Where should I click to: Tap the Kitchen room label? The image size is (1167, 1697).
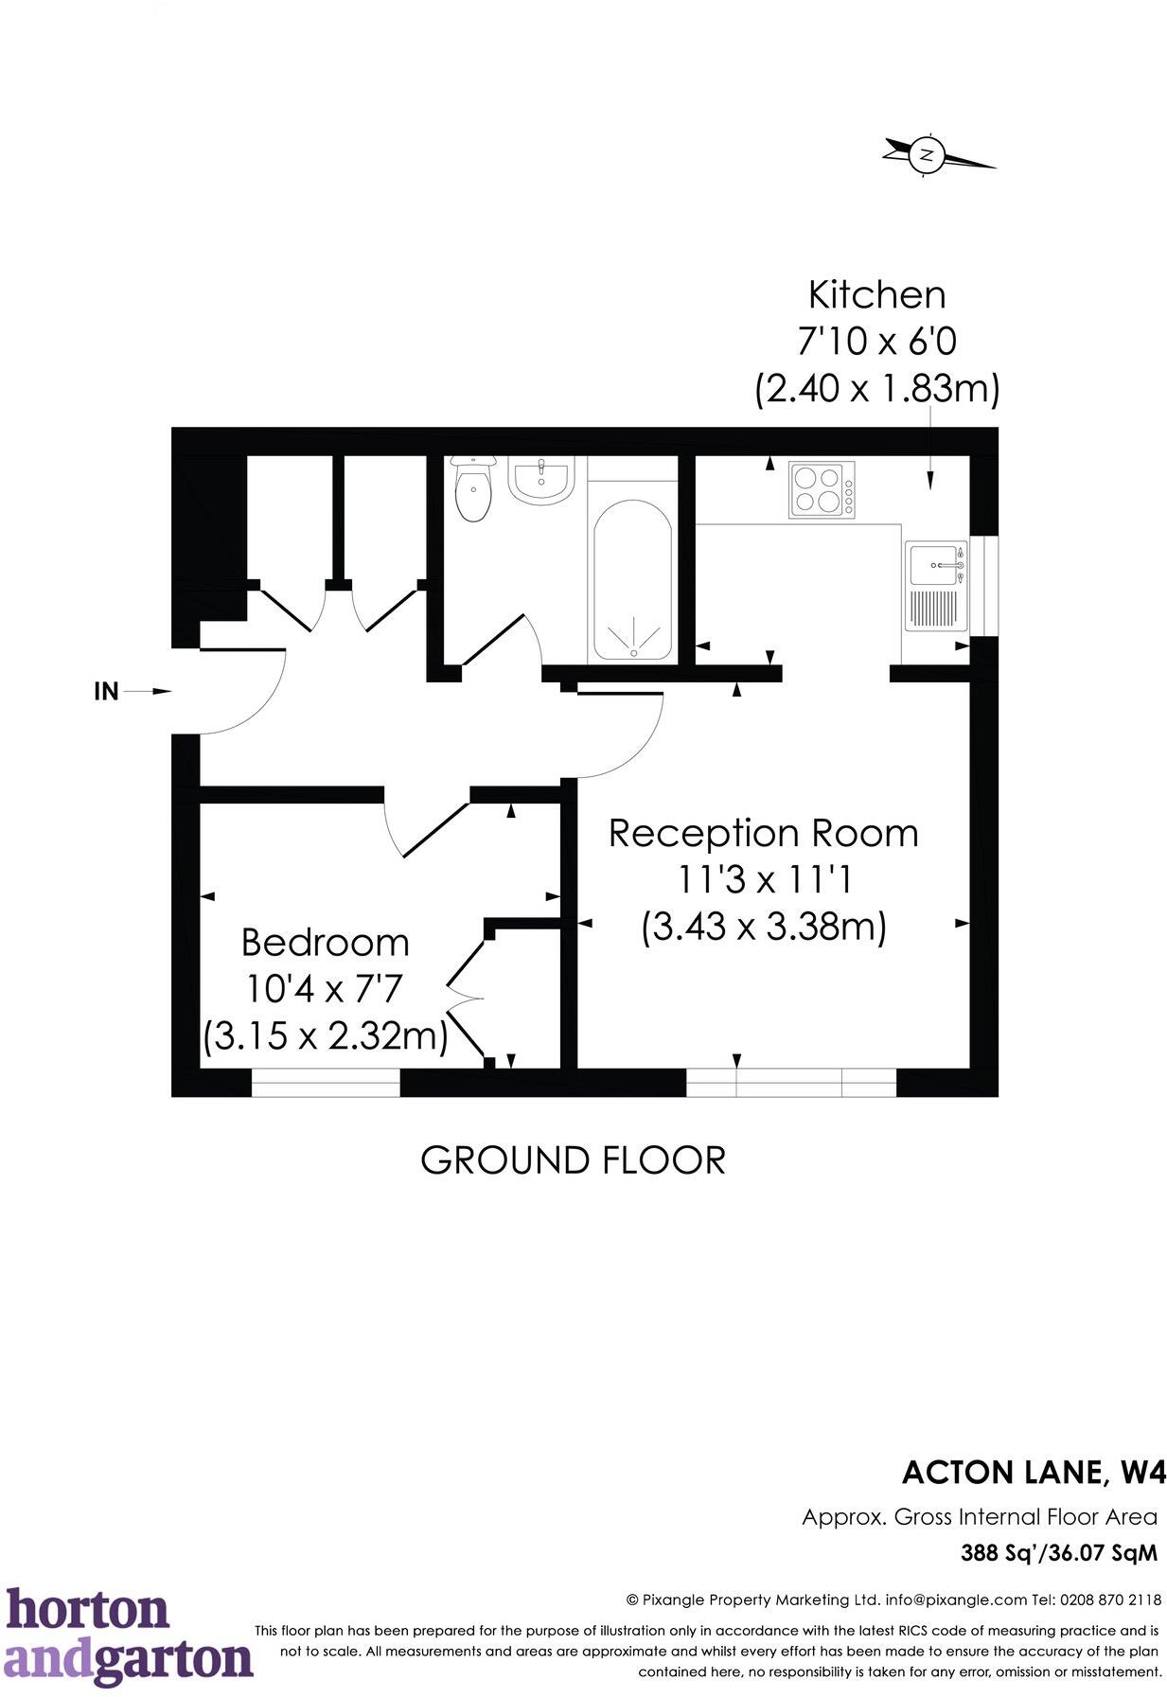pyautogui.click(x=876, y=294)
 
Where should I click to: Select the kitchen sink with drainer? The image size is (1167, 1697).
pyautogui.click(x=935, y=586)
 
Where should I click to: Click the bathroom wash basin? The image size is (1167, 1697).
pyautogui.click(x=540, y=480)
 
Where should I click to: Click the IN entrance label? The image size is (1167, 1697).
pyautogui.click(x=106, y=692)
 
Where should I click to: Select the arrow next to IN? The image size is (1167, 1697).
pyautogui.click(x=149, y=692)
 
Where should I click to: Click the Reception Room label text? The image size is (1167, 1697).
pyautogui.click(x=763, y=833)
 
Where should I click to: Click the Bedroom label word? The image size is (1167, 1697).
pyautogui.click(x=325, y=943)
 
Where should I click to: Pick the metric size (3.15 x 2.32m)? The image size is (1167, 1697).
pyautogui.click(x=325, y=1035)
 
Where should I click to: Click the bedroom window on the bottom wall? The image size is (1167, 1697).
pyautogui.click(x=326, y=1082)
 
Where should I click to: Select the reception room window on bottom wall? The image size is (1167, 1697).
pyautogui.click(x=790, y=1082)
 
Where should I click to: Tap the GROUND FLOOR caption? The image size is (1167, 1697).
pyautogui.click(x=573, y=1159)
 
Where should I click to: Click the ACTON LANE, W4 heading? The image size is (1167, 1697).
pyautogui.click(x=1034, y=1473)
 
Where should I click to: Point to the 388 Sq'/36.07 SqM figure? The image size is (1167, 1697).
pyautogui.click(x=1058, y=1553)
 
